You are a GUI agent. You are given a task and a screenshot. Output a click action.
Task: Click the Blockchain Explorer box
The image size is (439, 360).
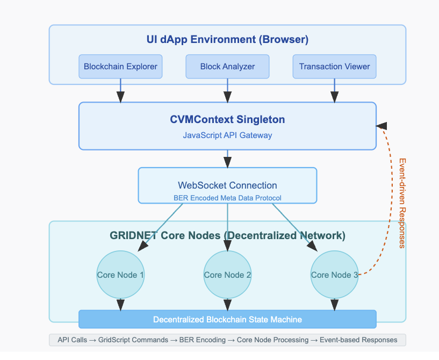click(x=120, y=67)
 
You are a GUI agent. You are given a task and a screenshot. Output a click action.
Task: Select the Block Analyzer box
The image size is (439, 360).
click(x=227, y=67)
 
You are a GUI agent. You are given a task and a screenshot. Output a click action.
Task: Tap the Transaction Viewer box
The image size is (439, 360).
click(x=334, y=67)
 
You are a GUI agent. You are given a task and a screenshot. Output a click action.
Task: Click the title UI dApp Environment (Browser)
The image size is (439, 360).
click(x=227, y=40)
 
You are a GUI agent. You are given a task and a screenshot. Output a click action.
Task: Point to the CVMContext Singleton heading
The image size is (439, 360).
click(x=227, y=119)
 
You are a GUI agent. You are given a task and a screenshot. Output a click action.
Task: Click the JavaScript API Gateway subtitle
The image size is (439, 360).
click(x=227, y=135)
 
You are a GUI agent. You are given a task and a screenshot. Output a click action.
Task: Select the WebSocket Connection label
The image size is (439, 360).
click(x=227, y=185)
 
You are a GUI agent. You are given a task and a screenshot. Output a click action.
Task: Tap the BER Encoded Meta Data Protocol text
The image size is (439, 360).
click(x=227, y=198)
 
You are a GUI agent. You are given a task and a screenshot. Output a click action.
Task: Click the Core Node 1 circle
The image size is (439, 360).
click(x=120, y=275)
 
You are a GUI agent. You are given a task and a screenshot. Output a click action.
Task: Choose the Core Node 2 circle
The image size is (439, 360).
click(x=227, y=275)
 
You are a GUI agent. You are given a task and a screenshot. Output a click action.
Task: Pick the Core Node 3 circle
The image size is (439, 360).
click(x=334, y=275)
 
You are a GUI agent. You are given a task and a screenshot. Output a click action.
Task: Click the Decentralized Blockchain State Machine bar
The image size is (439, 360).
click(x=227, y=320)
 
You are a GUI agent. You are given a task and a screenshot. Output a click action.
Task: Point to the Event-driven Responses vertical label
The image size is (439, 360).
click(x=401, y=203)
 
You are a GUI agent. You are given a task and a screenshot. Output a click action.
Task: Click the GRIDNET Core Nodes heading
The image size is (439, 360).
click(x=227, y=235)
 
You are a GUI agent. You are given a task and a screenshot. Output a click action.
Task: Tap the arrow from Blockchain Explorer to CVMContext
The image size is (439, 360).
click(x=120, y=90)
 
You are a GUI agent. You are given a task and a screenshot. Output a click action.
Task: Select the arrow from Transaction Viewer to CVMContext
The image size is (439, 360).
click(x=334, y=90)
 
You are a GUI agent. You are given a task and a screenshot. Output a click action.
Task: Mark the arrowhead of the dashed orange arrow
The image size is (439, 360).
click(x=381, y=126)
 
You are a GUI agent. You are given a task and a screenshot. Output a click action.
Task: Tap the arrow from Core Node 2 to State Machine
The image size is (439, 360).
click(x=227, y=304)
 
